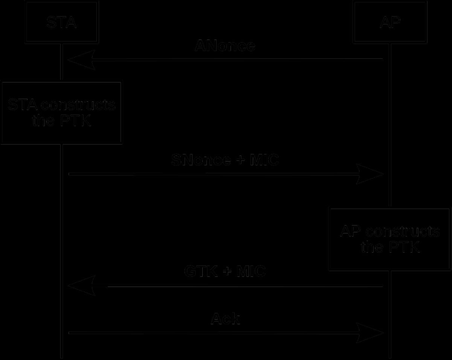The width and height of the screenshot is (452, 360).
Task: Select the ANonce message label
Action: tap(225, 46)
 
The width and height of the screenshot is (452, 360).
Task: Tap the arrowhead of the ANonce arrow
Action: tap(81, 59)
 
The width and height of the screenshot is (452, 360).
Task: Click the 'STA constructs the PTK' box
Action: tap(61, 113)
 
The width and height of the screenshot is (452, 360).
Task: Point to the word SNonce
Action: tap(201, 160)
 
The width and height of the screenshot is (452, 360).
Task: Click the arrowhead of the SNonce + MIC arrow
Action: tap(370, 174)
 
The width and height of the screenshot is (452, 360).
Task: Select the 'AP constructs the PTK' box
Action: tap(389, 239)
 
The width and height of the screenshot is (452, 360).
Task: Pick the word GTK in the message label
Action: tap(201, 271)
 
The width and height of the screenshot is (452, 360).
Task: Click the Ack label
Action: tap(225, 319)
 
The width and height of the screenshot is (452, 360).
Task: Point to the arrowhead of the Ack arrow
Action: tap(370, 333)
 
